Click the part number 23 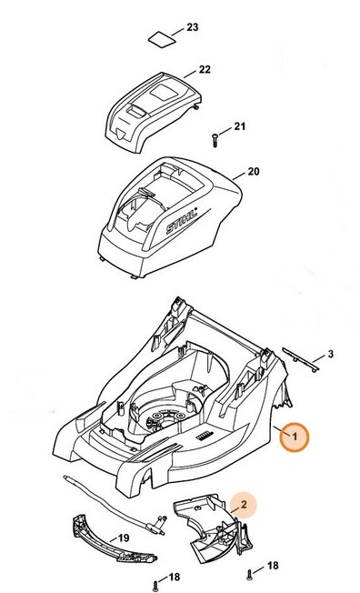192,28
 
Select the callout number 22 204,70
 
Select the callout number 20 253,172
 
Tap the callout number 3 331,353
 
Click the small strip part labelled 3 299,357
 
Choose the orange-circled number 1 294,437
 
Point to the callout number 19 124,538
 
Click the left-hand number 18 175,577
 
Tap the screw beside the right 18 248,572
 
